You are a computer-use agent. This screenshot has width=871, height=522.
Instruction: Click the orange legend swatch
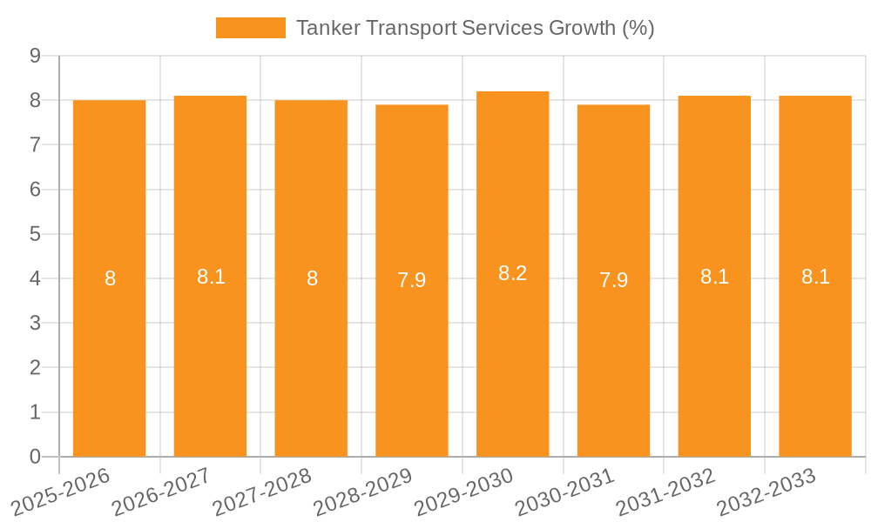(251, 28)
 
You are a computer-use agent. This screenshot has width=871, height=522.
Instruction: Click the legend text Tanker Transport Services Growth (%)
(475, 28)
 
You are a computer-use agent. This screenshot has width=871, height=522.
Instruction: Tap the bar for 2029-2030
(512, 348)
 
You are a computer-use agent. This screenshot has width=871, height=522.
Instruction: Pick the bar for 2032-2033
(815, 348)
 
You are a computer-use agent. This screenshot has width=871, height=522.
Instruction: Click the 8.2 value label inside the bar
(512, 273)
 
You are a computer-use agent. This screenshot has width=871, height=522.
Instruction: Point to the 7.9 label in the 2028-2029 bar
(412, 280)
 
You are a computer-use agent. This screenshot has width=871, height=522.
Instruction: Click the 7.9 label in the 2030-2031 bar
(613, 280)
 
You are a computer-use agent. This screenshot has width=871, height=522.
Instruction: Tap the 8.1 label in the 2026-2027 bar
(211, 277)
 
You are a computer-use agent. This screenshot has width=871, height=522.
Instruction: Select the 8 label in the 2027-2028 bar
(312, 278)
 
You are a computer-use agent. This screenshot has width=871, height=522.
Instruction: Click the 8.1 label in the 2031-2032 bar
(714, 277)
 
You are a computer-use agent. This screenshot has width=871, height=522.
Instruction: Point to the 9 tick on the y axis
(35, 56)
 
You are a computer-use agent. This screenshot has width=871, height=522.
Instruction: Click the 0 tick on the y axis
(35, 457)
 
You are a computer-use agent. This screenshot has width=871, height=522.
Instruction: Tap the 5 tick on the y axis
(35, 234)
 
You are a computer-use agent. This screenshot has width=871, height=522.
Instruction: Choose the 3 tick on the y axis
(35, 323)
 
